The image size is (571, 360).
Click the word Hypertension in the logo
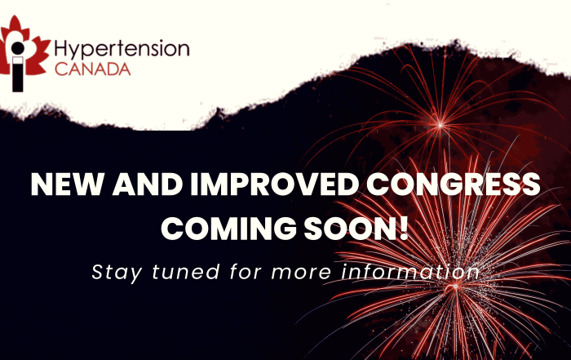tap(122, 50)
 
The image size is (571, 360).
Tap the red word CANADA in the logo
tap(92, 69)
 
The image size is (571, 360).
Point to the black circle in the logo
tap(17, 47)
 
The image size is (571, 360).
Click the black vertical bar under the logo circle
tap(17, 74)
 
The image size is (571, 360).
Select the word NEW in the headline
tap(67, 184)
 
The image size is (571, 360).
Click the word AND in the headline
tap(148, 184)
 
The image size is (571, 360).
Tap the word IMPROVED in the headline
tap(275, 184)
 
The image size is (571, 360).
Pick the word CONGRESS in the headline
tap(453, 184)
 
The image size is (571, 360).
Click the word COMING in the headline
tap(228, 229)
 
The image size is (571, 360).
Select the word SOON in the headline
tap(350, 229)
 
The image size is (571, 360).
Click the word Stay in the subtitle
tap(117, 273)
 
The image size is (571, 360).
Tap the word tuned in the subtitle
tap(186, 272)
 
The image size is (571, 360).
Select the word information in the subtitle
tap(410, 272)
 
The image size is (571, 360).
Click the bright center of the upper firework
tap(440, 126)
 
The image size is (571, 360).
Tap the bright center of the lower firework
tap(455, 287)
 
